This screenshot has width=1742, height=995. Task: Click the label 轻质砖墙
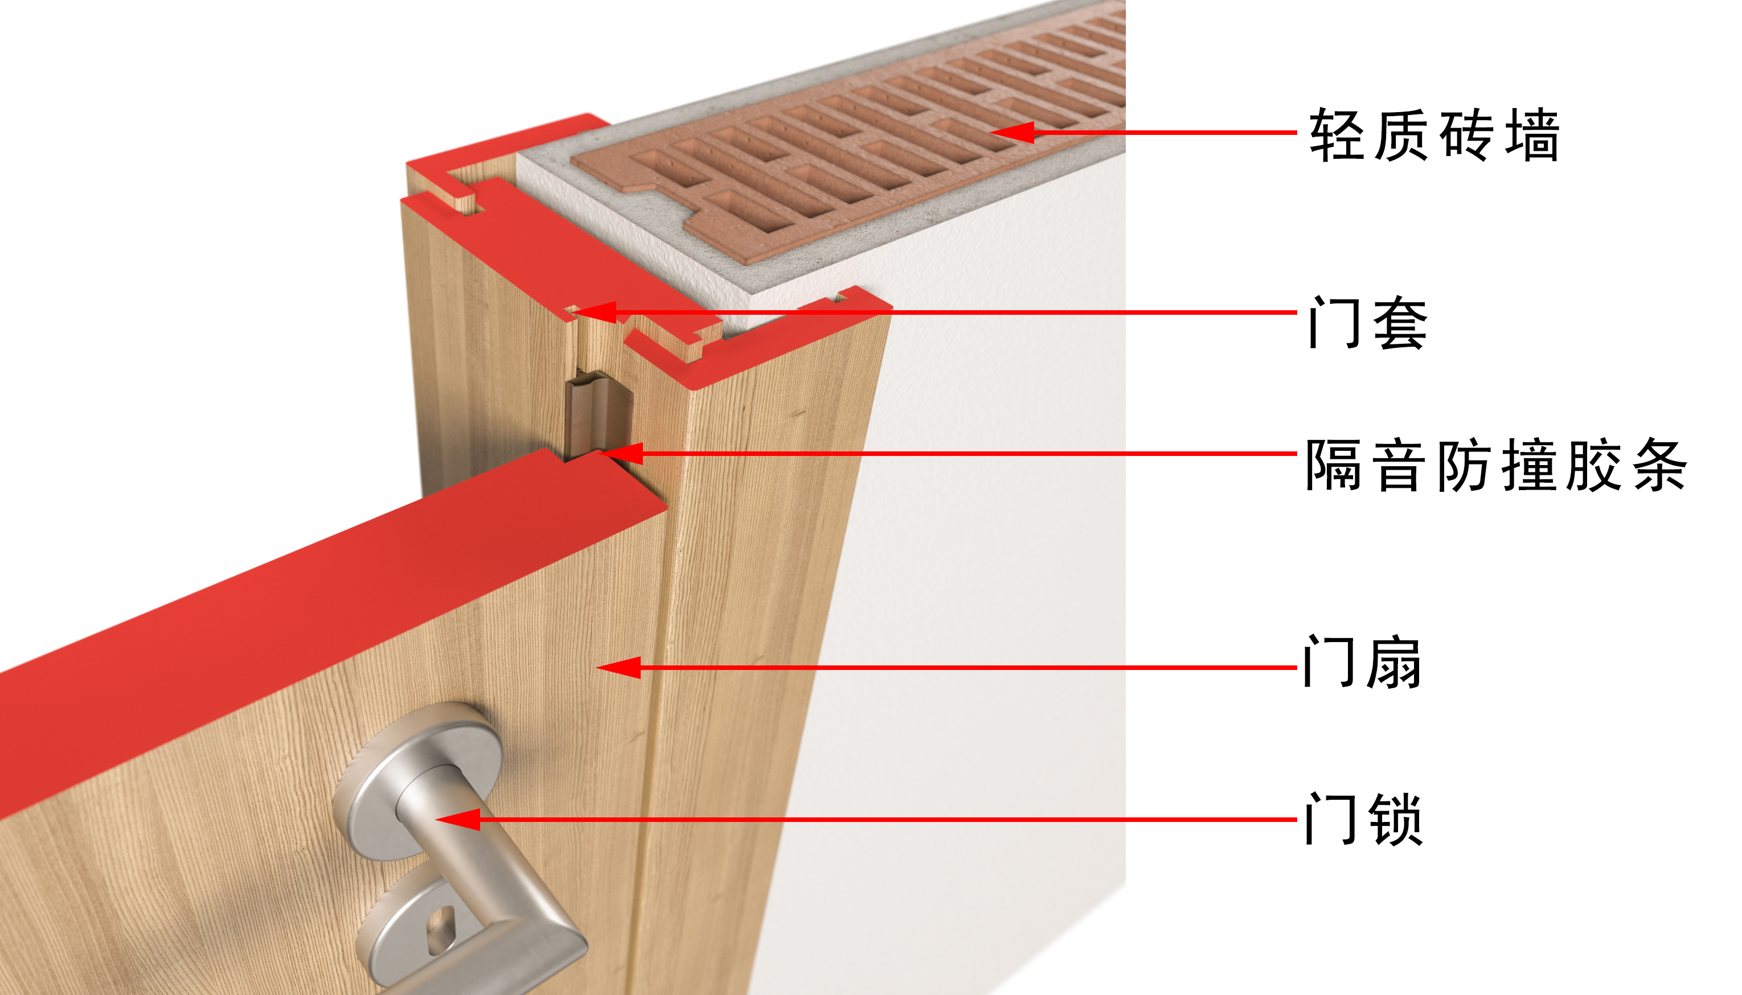tap(1434, 135)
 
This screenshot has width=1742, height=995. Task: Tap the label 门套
tap(1368, 323)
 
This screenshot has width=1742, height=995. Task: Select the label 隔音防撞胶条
tap(1495, 466)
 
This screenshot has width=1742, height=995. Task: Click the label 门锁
tap(1364, 819)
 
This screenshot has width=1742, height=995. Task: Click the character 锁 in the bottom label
tap(1396, 819)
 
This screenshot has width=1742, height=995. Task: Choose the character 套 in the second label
tap(1400, 323)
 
